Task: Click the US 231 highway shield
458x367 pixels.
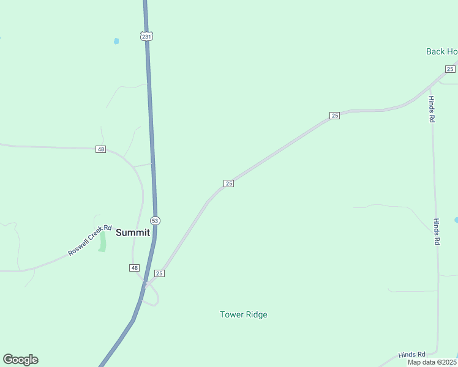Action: coord(146,37)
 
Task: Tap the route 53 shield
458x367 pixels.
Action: coord(155,221)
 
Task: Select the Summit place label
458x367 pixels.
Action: coord(133,232)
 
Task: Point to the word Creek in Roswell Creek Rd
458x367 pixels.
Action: coord(96,235)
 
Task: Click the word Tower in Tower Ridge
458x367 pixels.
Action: coord(231,315)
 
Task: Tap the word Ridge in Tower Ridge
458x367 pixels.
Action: coord(257,315)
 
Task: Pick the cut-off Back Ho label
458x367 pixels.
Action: coord(441,51)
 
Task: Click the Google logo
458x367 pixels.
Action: coord(20,360)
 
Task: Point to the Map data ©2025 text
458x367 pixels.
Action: coord(432,362)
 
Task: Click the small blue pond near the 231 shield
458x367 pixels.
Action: coord(116,42)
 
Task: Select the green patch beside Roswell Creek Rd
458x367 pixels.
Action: coord(102,241)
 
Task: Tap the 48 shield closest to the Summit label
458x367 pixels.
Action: coord(135,268)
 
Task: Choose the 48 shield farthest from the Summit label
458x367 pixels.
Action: coord(100,149)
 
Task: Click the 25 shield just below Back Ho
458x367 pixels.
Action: coord(450,69)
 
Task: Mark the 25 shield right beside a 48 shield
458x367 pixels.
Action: coord(159,273)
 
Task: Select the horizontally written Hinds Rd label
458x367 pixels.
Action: coord(411,355)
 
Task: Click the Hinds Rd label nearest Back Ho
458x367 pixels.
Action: coord(432,109)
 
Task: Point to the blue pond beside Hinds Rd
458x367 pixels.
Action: coord(456,220)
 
